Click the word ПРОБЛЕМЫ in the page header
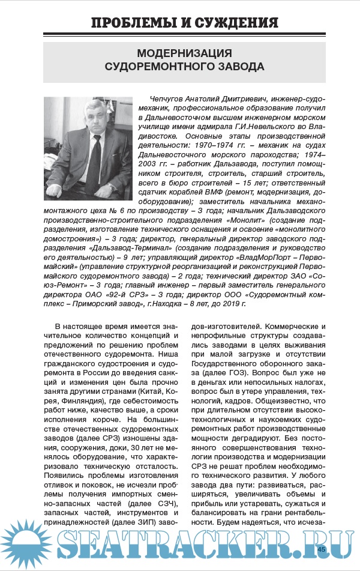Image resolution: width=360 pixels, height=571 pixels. [133, 23]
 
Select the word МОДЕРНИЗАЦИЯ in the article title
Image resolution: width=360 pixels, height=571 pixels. [184, 53]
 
